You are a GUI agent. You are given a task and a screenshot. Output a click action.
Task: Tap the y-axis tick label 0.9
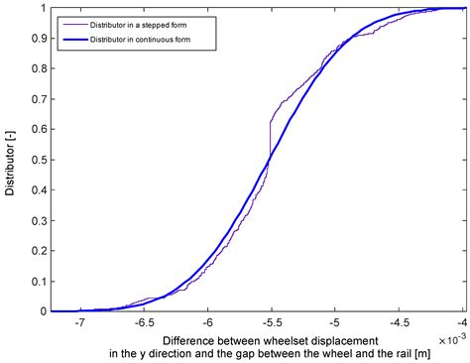tap(38, 38)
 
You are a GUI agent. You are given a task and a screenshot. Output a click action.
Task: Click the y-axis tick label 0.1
tap(38, 281)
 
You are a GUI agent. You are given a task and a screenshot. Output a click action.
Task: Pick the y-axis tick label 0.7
tap(38, 99)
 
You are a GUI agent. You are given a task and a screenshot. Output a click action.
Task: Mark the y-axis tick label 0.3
tap(38, 220)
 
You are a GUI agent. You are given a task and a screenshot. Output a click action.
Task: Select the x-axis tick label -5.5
tap(271, 322)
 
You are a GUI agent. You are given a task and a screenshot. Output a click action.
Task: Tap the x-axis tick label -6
tap(207, 322)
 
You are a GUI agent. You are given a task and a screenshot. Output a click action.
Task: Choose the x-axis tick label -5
tap(335, 322)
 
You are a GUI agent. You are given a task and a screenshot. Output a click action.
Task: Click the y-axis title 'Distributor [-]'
tap(11, 160)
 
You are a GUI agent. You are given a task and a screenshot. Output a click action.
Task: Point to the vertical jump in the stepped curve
tap(270, 139)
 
